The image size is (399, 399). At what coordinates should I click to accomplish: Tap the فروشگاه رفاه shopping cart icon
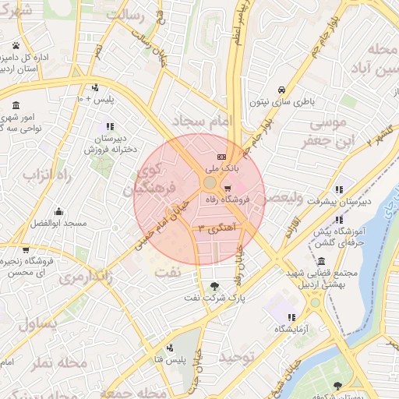tap(227, 189)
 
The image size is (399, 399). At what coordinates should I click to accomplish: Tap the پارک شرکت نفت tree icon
tap(215, 285)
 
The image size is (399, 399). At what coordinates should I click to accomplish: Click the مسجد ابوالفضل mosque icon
tap(58, 212)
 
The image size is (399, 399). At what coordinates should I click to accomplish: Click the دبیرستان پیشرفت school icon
tap(339, 189)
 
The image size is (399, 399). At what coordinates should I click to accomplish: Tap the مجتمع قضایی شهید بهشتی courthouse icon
tap(321, 261)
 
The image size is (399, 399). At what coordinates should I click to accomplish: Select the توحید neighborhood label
tap(237, 356)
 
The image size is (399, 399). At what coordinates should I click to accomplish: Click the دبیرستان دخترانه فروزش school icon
tap(109, 126)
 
